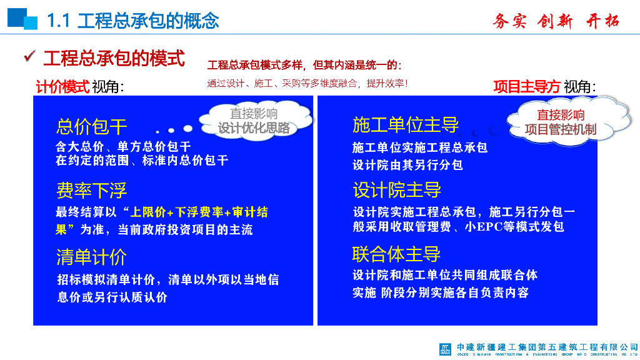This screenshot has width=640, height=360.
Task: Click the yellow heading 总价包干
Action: (x=92, y=127)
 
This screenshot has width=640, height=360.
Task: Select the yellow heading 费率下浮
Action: (x=92, y=190)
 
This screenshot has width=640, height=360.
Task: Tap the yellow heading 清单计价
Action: (x=92, y=257)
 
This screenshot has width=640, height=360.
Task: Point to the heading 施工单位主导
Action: (x=406, y=125)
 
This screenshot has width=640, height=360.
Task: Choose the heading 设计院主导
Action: (x=397, y=189)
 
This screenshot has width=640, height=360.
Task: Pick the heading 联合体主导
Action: (x=397, y=254)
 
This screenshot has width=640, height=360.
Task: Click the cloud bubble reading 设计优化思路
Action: (x=254, y=121)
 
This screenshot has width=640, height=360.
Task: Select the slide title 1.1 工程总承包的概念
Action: (x=133, y=21)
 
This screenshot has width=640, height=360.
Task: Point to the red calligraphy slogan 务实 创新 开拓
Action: (x=556, y=21)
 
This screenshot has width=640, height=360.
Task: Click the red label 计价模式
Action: (x=62, y=87)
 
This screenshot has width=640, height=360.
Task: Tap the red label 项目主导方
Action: (x=526, y=87)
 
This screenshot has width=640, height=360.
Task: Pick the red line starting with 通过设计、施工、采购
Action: (x=307, y=82)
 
